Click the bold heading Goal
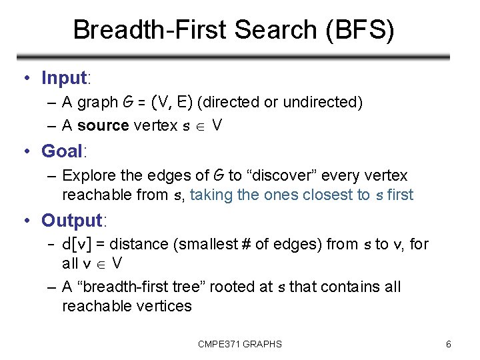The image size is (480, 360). [x=61, y=151]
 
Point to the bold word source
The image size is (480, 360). [x=103, y=126]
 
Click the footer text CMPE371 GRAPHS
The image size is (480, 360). [x=240, y=344]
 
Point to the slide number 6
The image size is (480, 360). [x=449, y=344]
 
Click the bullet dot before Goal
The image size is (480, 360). [x=25, y=152]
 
